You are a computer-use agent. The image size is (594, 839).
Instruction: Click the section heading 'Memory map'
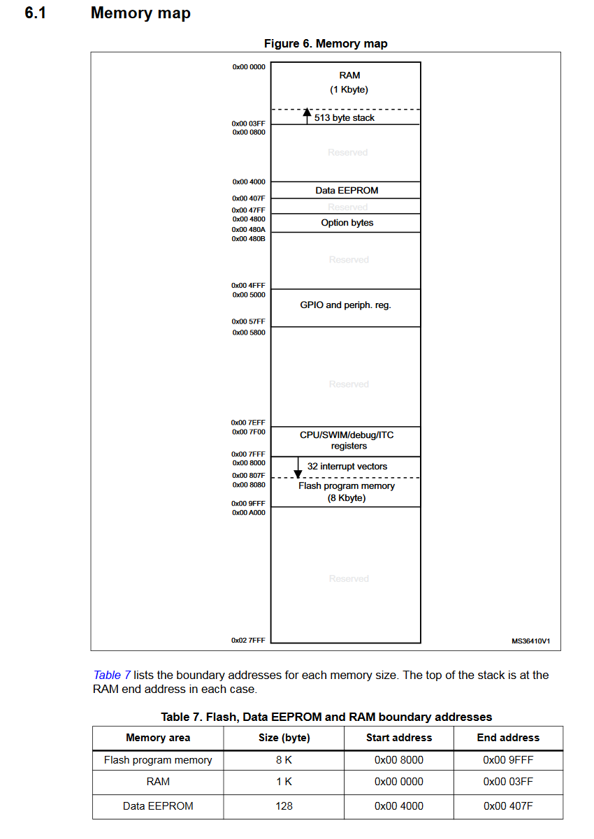coord(140,13)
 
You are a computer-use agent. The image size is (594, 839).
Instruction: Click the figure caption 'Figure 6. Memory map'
coord(325,43)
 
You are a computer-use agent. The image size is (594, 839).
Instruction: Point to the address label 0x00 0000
coord(249,66)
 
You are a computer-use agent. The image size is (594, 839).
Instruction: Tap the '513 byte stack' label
coord(344,118)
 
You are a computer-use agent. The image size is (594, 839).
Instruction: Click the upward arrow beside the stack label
coord(306,115)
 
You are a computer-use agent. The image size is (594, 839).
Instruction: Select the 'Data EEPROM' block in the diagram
coord(347,190)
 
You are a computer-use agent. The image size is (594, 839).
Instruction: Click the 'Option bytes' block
coord(347,223)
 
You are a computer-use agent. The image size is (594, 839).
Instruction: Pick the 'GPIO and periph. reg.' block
coord(345,305)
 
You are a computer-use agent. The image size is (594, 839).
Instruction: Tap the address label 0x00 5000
coord(249,295)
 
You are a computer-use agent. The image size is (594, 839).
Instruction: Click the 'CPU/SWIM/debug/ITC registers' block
coord(347,440)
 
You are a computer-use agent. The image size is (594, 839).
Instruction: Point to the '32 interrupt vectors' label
coord(347,466)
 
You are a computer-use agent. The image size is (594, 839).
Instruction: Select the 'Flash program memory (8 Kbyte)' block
coord(347,492)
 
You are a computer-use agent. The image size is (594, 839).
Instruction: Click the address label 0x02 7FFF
coord(249,640)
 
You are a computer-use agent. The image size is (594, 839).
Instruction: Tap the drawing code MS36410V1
coord(530,640)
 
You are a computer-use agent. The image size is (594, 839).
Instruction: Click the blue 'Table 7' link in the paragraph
coord(112,675)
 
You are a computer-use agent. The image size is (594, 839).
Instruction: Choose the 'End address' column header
coord(508,738)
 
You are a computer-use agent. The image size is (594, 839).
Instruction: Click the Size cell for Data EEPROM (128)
coord(284,805)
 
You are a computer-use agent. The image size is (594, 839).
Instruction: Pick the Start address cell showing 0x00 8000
coord(398,760)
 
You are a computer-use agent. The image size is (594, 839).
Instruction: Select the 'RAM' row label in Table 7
coord(158,782)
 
